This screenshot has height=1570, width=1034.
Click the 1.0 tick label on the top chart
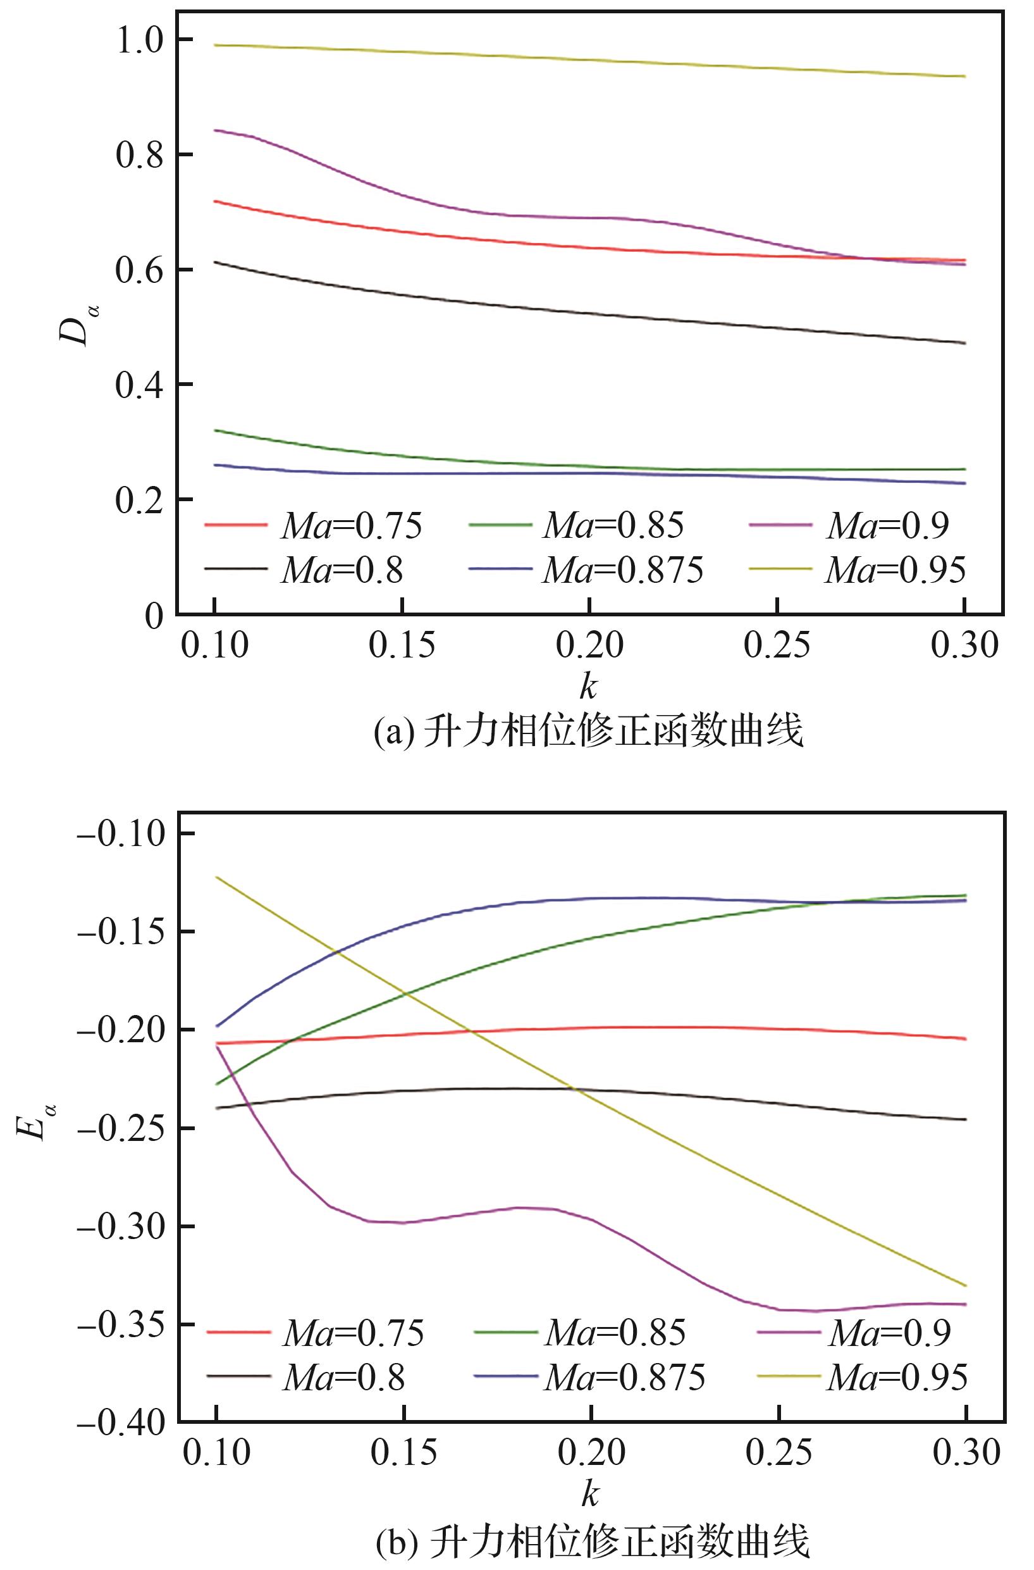coord(138,40)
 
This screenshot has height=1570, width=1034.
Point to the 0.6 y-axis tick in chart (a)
coord(138,270)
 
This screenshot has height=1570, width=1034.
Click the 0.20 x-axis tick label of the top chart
coord(589,646)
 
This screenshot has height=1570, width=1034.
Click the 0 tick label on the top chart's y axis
coord(153,616)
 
